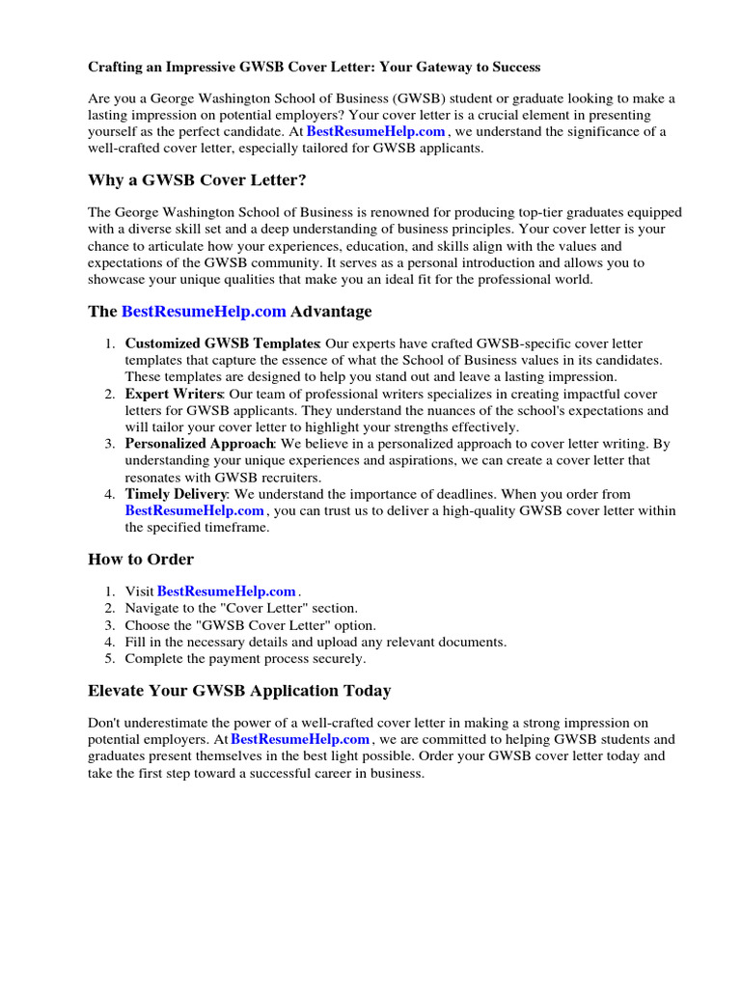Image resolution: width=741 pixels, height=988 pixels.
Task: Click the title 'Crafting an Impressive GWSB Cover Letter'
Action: tap(314, 68)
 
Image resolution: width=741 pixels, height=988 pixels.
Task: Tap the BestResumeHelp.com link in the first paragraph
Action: tap(375, 131)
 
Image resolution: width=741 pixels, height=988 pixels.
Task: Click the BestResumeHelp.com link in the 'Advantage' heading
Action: tap(204, 312)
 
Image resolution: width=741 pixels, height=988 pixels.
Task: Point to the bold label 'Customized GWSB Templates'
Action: tap(222, 343)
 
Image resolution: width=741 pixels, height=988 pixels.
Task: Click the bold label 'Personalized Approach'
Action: tap(200, 444)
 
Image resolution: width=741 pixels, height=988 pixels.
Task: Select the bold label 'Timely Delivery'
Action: tap(173, 494)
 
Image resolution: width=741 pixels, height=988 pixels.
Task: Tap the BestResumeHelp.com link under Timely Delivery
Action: tap(194, 510)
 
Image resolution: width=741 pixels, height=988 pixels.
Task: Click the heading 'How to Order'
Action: tap(141, 560)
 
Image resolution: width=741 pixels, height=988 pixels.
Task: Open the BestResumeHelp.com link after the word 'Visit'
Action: tap(226, 591)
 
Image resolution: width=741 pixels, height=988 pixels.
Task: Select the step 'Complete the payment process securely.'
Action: tap(245, 659)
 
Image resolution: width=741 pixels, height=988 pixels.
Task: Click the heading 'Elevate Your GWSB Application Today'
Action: tap(239, 691)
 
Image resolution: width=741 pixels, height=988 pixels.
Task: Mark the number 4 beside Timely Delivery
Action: tap(109, 494)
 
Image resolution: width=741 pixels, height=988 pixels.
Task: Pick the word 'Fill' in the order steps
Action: tap(135, 642)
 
